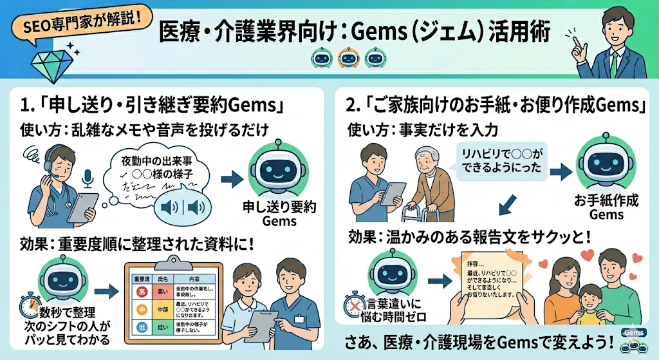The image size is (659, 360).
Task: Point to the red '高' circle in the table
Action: click(143, 292)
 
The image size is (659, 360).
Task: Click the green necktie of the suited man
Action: click(615, 64)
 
